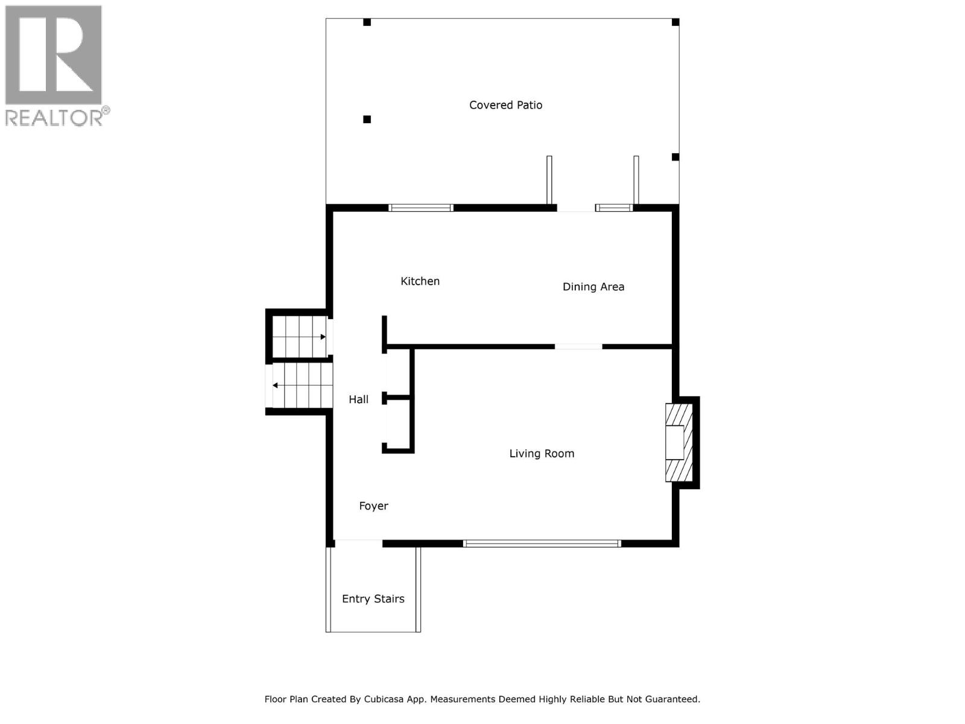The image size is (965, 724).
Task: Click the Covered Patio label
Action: coord(505,105)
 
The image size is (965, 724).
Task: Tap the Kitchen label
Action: coord(420,281)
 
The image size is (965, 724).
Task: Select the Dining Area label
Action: coord(593,287)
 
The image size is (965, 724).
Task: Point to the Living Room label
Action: coord(541,454)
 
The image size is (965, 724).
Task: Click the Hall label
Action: coord(358,399)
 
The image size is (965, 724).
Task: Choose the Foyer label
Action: coord(373,506)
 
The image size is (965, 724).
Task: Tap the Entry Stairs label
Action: coord(373,599)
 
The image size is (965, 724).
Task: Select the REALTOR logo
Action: coord(54,65)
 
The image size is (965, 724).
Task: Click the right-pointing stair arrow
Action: coord(323,337)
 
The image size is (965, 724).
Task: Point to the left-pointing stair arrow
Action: coord(276,385)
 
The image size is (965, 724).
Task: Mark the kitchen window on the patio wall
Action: coord(420,208)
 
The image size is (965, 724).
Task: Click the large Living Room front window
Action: coord(542,544)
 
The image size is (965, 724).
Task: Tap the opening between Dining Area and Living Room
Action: coord(578,346)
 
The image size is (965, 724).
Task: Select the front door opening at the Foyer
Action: coord(358,543)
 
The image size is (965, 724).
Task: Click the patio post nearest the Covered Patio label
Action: coord(367,119)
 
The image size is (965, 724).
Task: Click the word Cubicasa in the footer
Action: coord(386,699)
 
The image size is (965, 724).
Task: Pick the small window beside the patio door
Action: coord(614,208)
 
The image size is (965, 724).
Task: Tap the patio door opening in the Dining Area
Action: coord(575,208)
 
